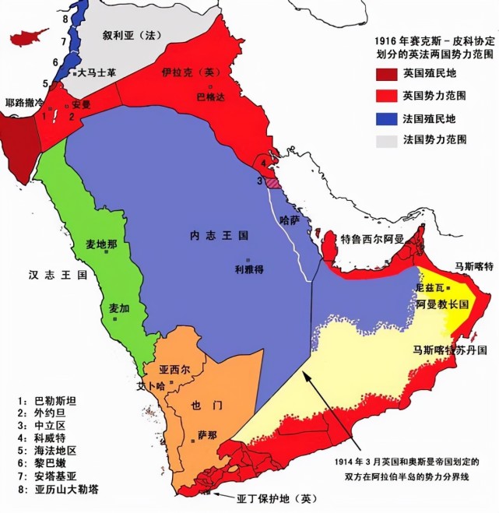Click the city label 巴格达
coord(209,98)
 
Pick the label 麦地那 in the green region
coord(101,244)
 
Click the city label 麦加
coord(119,308)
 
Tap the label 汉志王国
coord(46,275)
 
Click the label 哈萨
coord(290,221)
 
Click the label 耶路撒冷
coord(19,102)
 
